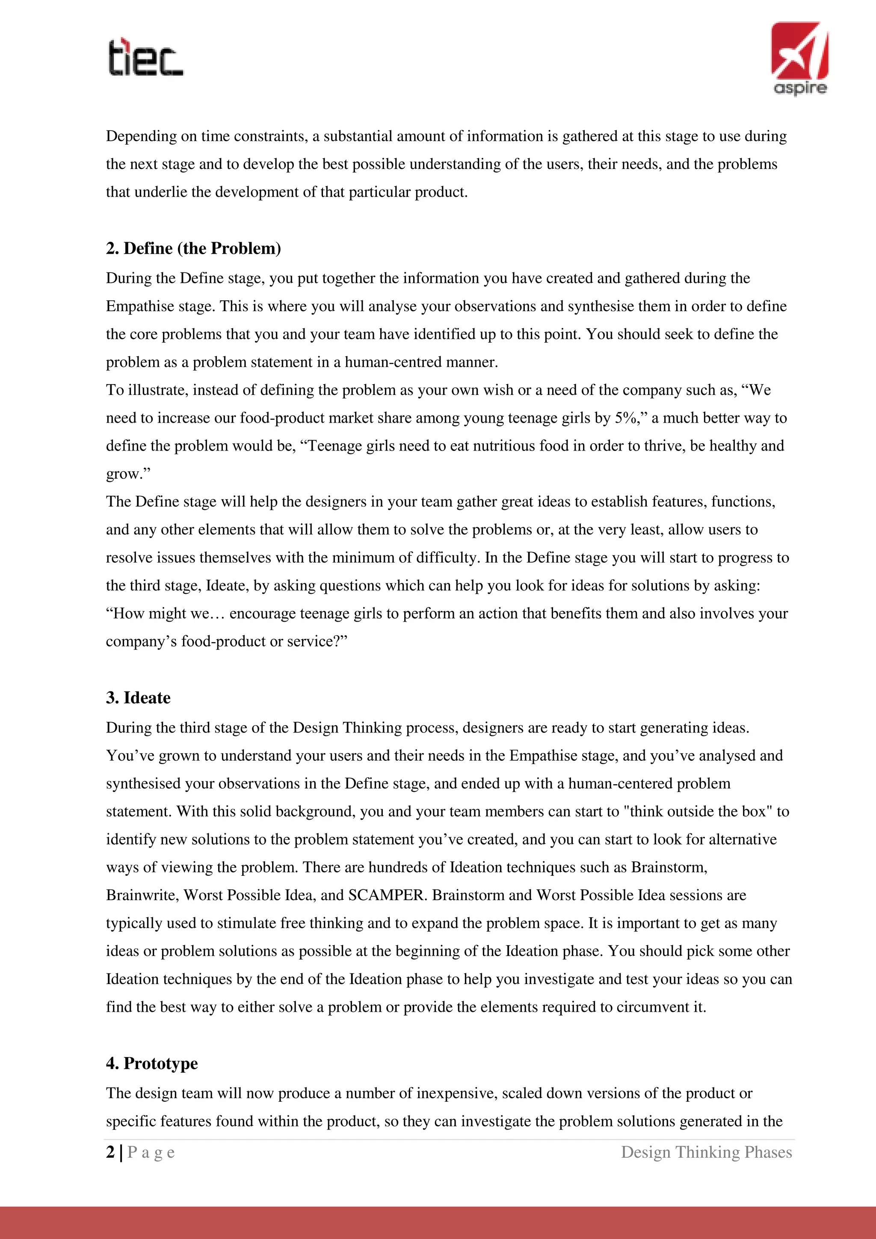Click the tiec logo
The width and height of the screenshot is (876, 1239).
[145, 57]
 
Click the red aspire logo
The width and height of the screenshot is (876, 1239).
[800, 58]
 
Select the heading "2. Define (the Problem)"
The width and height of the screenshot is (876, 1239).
[193, 248]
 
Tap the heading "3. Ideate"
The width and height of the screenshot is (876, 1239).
[138, 698]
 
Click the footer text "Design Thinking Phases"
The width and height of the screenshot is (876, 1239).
[706, 1152]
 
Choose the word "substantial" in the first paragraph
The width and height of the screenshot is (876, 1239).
[358, 136]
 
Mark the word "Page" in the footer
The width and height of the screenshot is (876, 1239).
[151, 1152]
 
